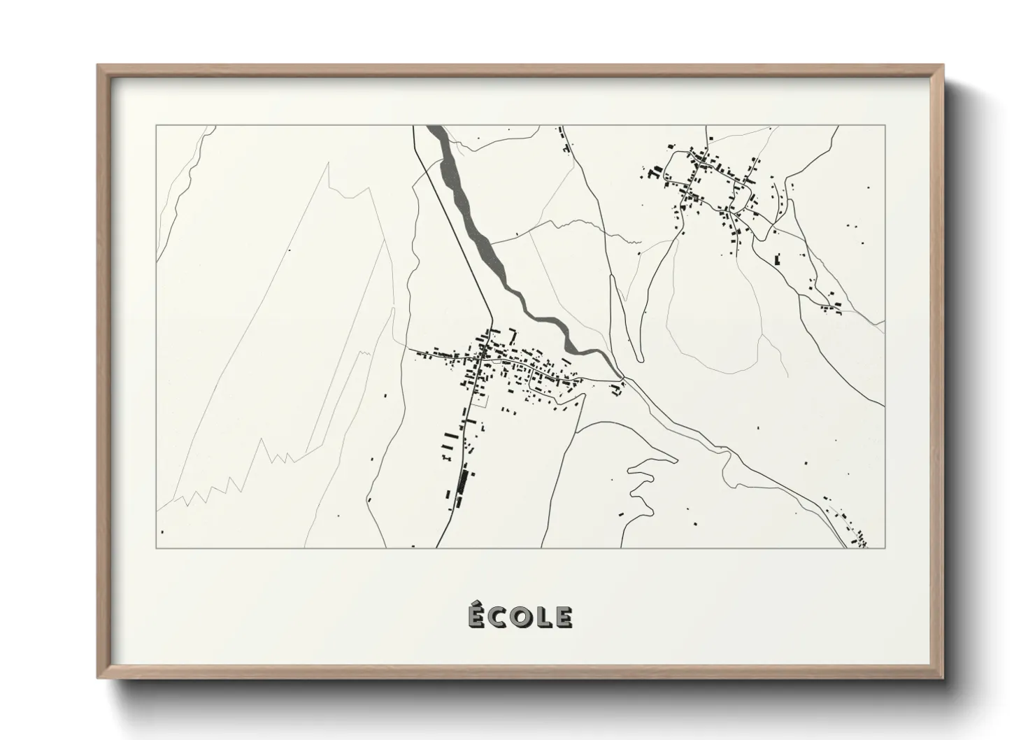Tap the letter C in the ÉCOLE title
click(x=496, y=617)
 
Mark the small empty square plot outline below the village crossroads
click(x=480, y=401)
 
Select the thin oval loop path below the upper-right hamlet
click(x=713, y=329)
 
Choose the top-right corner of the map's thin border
click(x=885, y=126)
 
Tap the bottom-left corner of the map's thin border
click(x=157, y=548)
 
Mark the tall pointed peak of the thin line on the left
click(x=327, y=164)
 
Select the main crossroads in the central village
click(x=481, y=358)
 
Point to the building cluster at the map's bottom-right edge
click(x=857, y=535)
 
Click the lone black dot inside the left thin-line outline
click(x=290, y=250)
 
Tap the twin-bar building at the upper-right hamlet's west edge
click(x=656, y=171)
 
